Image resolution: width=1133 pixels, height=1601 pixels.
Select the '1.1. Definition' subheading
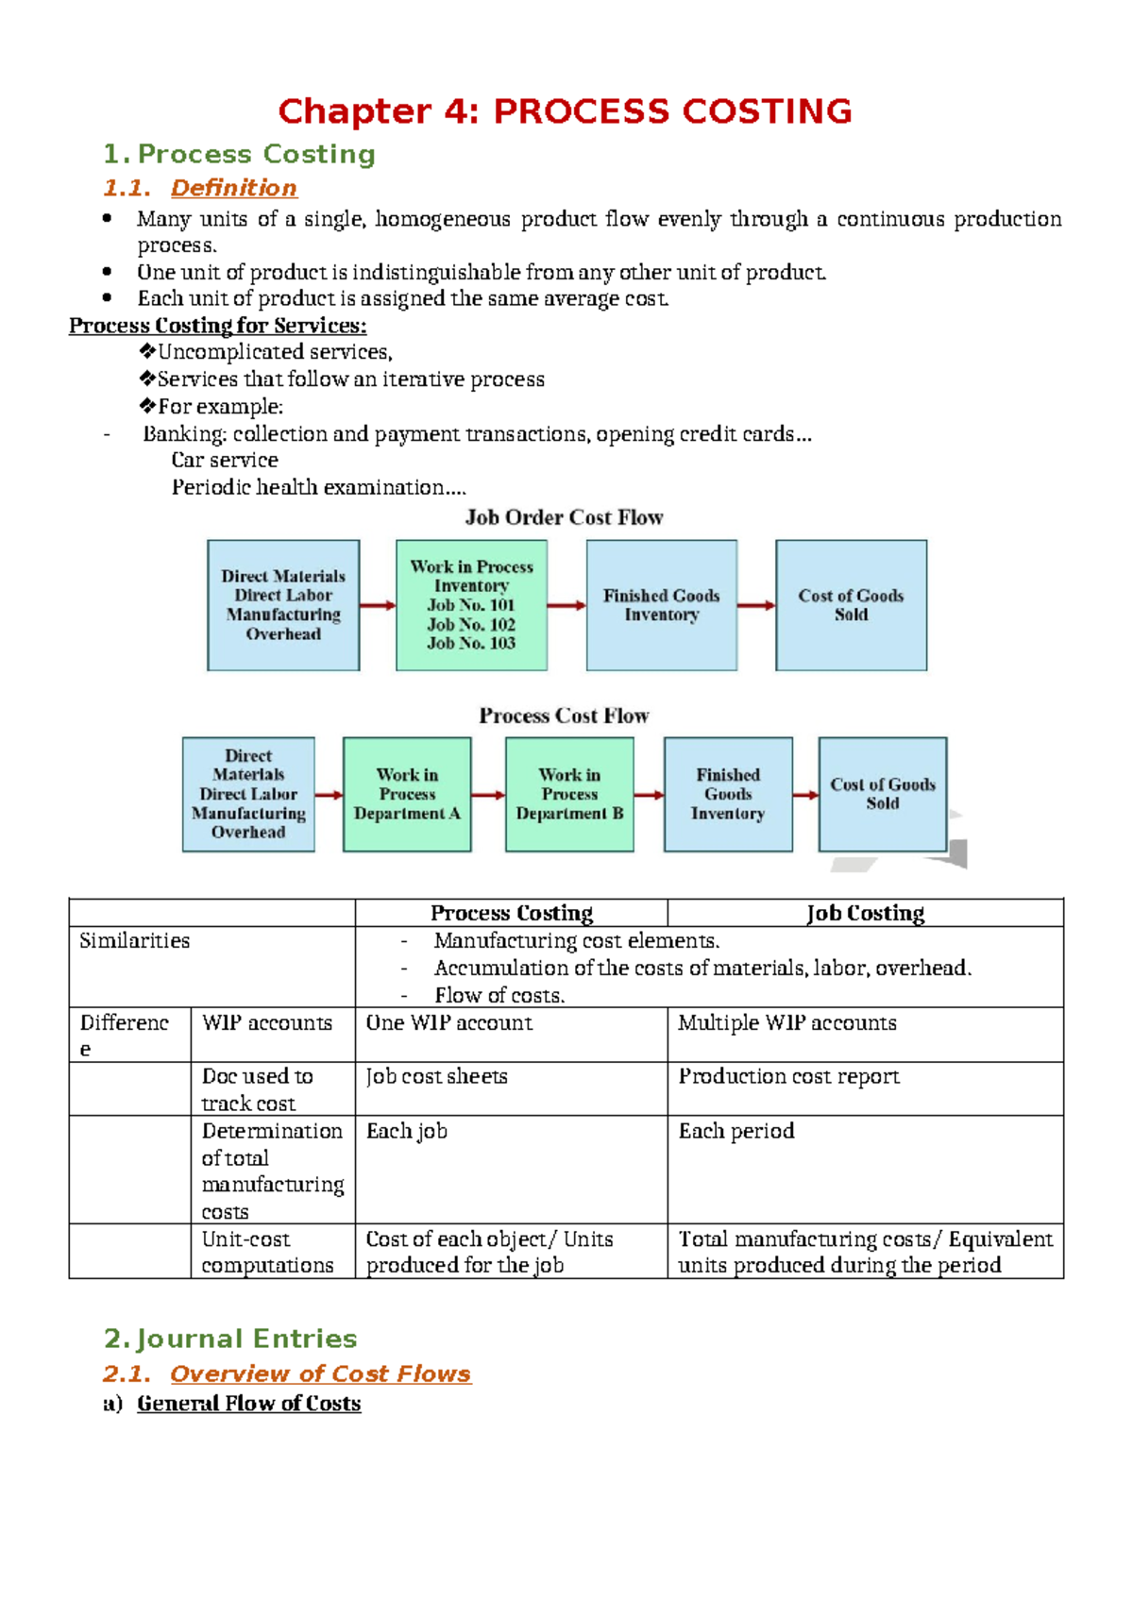[200, 188]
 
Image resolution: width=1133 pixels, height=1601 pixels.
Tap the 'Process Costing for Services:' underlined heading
[217, 326]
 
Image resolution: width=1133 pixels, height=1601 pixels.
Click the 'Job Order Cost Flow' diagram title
[564, 517]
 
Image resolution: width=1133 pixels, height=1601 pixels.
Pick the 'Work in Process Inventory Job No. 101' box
[471, 605]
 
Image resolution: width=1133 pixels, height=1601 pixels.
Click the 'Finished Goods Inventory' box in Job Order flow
[661, 605]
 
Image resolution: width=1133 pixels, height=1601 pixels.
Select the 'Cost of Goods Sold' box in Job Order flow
[851, 605]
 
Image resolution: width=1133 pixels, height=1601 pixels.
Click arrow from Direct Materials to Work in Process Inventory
[378, 605]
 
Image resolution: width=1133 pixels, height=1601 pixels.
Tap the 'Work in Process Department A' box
[407, 795]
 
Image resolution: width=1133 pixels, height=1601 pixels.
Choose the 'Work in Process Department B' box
[569, 795]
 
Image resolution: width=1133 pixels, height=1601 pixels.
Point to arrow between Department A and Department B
[488, 795]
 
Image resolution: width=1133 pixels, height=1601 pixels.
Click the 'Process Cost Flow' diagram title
[564, 716]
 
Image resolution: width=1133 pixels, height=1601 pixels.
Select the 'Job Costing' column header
[865, 913]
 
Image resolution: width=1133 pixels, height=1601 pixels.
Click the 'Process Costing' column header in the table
[512, 913]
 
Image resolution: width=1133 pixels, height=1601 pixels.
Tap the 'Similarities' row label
[134, 940]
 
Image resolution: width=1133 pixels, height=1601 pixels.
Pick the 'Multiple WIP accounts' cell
[786, 1022]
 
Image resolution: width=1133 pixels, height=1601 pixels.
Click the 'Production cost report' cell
[788, 1076]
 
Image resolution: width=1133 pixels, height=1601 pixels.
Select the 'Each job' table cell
[406, 1131]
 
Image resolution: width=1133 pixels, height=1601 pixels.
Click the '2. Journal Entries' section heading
[230, 1339]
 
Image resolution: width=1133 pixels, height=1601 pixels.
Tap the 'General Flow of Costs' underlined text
[248, 1404]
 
